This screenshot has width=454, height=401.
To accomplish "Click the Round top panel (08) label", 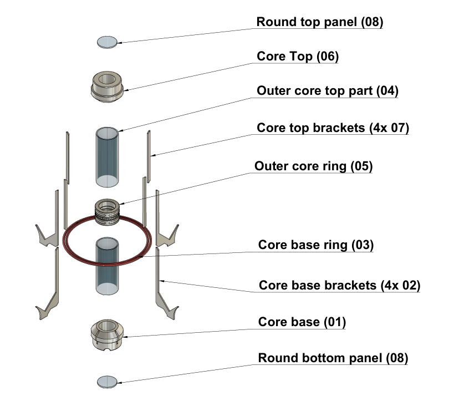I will (x=319, y=23).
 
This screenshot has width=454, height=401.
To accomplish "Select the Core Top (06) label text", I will (x=298, y=57).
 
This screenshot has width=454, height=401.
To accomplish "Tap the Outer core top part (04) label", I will (x=328, y=91).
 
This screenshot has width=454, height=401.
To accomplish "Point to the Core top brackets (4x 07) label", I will (x=333, y=128).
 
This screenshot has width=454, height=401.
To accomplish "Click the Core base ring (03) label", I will (x=316, y=245).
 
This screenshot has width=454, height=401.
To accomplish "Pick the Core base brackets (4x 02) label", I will (x=340, y=286).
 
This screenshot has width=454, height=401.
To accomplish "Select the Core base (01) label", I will (x=302, y=322).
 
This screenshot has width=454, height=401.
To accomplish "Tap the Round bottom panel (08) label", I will (x=333, y=358).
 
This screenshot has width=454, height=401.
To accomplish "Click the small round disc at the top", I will (x=108, y=42).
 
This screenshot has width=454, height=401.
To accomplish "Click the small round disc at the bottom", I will (x=108, y=381).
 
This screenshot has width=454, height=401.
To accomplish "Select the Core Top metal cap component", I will (x=108, y=85).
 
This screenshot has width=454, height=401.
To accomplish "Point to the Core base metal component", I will (x=108, y=335).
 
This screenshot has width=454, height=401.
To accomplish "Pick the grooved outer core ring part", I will (x=108, y=212).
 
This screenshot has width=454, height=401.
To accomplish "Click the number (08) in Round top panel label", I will (x=372, y=23).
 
